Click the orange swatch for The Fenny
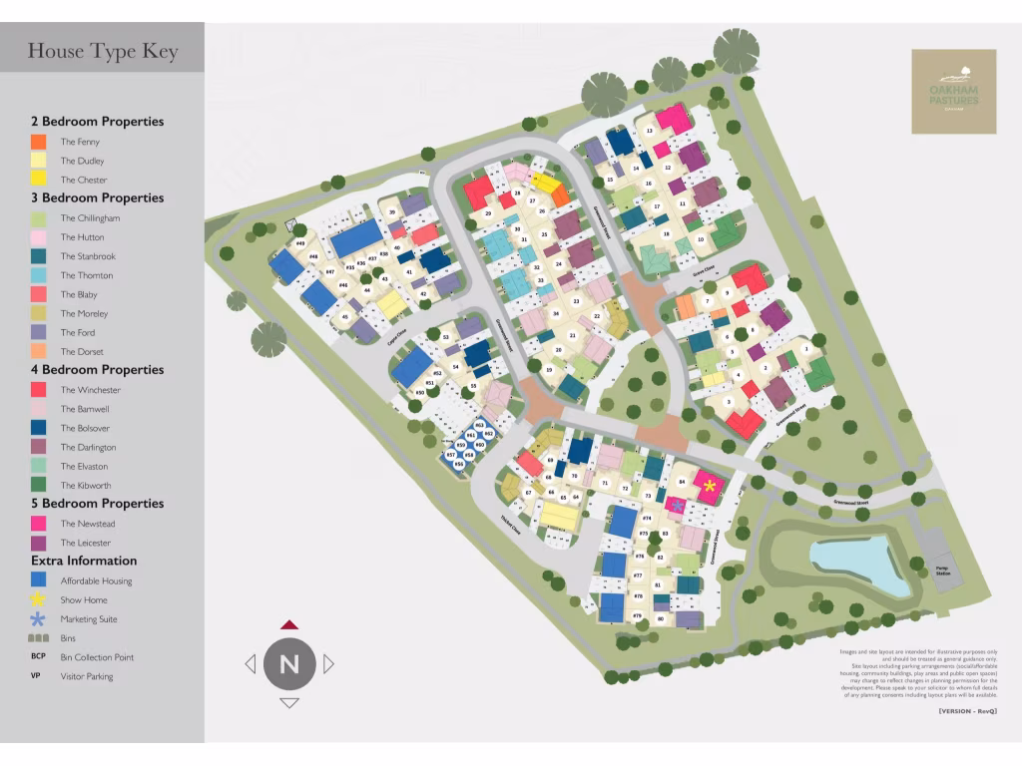pos(39,142)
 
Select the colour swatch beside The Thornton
pos(39,275)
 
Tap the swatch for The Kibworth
pos(39,486)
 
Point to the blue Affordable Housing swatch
pos(39,580)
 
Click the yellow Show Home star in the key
pos(39,599)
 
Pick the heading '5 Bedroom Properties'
pos(97,504)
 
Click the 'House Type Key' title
pos(103,51)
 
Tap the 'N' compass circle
pos(289,664)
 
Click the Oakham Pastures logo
pos(953,92)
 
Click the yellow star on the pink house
pos(710,486)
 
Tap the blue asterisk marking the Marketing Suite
pos(677,507)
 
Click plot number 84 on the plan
pos(683,482)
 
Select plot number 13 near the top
pos(650,131)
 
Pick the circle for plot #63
pos(480,425)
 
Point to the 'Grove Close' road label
pos(704,270)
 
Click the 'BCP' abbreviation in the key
pos(39,656)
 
